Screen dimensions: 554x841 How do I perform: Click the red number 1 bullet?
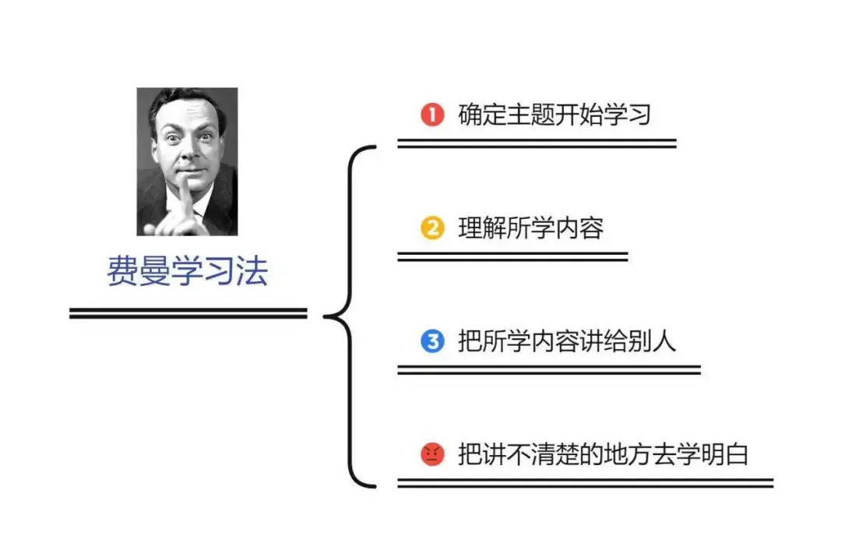431,115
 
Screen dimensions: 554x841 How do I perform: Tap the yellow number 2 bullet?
431,229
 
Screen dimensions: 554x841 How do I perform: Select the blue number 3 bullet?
431,341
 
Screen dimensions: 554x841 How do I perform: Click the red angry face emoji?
431,453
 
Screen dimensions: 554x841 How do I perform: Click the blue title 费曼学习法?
187,272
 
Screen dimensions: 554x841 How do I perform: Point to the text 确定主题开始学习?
554,115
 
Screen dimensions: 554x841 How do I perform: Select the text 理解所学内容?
530,229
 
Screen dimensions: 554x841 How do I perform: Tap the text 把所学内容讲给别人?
566,341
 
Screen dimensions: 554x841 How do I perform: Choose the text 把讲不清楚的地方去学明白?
602,453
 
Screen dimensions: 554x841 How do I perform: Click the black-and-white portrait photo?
187,161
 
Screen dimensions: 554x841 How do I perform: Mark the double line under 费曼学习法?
188,313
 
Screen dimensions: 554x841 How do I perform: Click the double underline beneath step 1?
537,143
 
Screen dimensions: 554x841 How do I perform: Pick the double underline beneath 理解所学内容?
512,256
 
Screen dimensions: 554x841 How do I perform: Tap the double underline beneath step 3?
549,369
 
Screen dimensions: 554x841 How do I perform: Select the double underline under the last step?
585,483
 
